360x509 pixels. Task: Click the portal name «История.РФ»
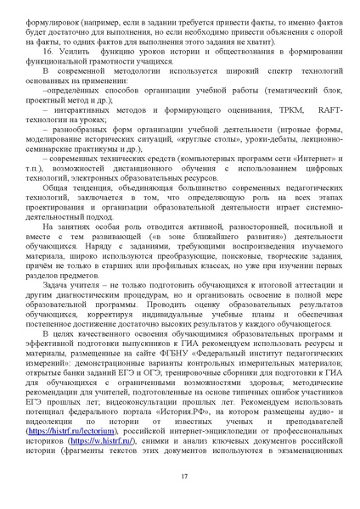198,409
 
